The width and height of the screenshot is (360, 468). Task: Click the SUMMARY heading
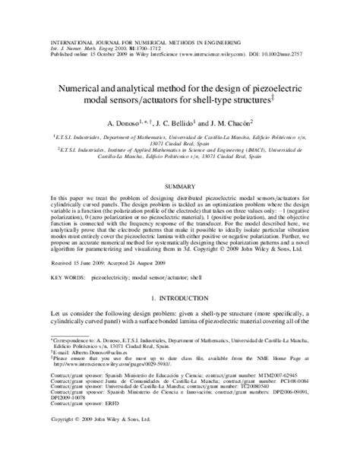[x=180, y=185]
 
